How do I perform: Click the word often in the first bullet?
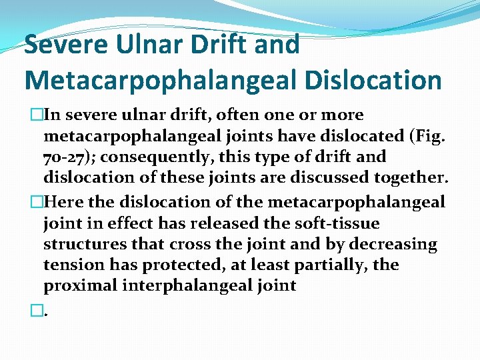point(230,115)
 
